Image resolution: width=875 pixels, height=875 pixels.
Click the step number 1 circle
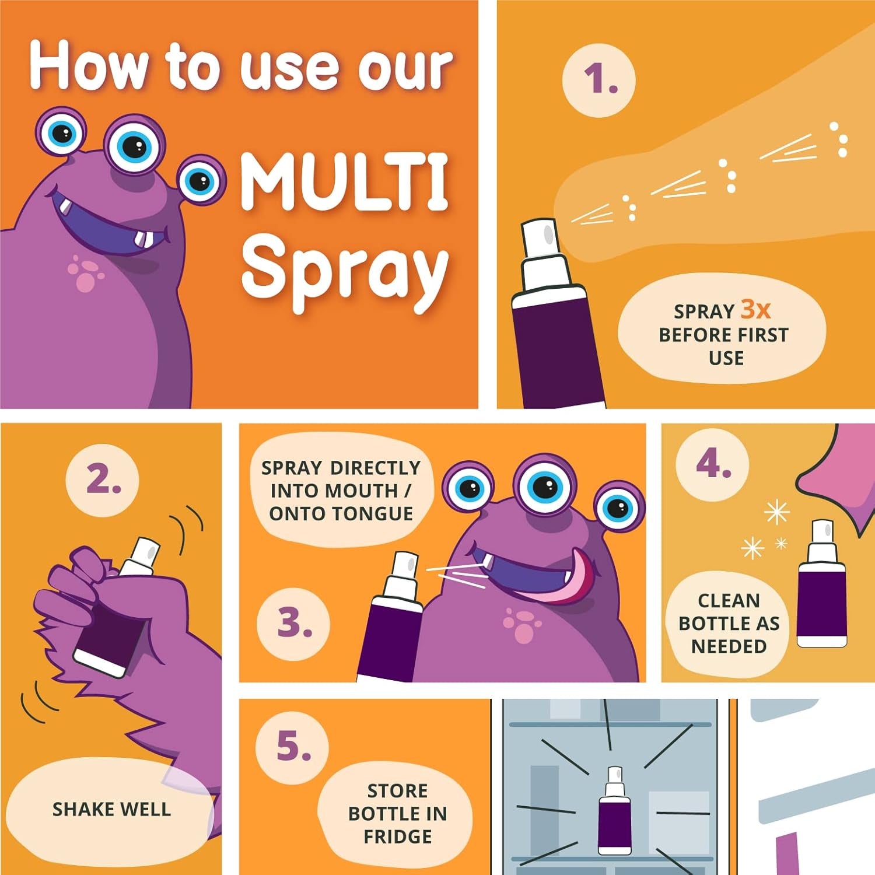[599, 80]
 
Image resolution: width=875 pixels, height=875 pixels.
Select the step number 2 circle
[102, 480]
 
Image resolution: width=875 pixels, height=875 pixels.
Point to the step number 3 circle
[293, 623]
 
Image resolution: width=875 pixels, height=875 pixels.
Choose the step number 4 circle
[712, 464]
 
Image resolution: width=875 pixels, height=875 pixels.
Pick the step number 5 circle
[292, 747]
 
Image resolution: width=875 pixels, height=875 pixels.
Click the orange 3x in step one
[755, 309]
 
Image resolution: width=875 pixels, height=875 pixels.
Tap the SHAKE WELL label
[111, 809]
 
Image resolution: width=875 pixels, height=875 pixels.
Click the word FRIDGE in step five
[397, 836]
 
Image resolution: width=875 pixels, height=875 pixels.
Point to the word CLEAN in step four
[729, 600]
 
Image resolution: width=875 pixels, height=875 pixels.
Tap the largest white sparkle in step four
[776, 513]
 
